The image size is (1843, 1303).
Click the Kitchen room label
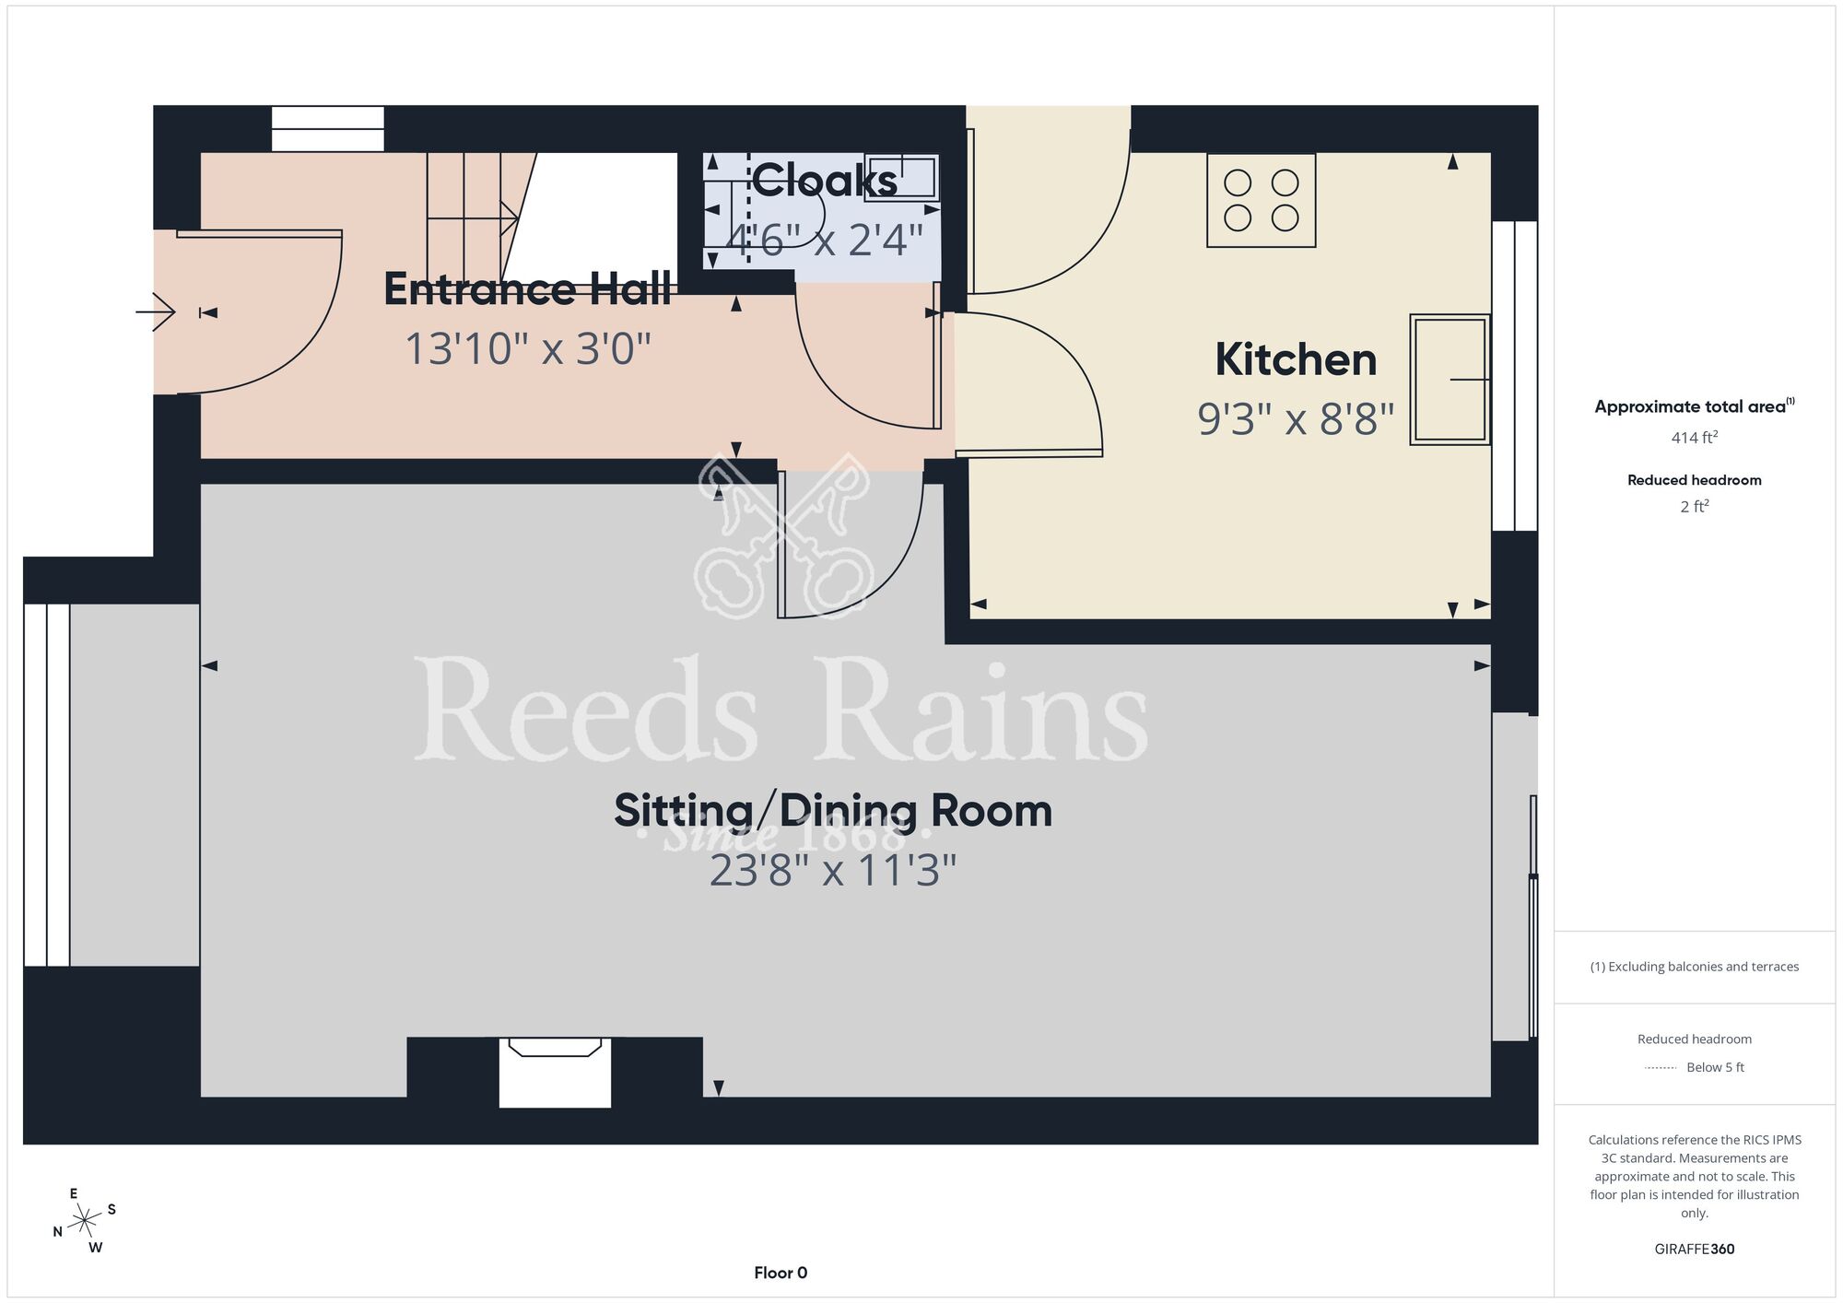1296,359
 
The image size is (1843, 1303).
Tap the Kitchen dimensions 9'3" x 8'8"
1296,418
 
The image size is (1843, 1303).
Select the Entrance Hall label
527,289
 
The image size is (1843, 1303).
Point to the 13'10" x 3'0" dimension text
528,349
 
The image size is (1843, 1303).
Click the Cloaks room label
825,180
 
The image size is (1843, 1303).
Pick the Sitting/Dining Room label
833,811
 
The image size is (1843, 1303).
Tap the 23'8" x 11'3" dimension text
833,870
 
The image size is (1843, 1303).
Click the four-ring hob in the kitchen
1262,200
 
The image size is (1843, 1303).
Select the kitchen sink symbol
1450,380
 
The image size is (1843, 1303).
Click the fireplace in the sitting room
555,1072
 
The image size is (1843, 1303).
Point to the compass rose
85,1221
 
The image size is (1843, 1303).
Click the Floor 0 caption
781,1273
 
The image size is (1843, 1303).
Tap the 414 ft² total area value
1694,437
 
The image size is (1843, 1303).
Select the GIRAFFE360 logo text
1694,1250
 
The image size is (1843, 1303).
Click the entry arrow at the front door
156,312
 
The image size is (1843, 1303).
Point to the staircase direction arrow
473,218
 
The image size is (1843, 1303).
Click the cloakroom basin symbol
901,177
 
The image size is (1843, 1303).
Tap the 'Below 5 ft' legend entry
1715,1067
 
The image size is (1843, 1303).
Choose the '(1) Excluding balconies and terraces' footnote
1694,967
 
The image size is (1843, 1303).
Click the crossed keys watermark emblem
783,534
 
